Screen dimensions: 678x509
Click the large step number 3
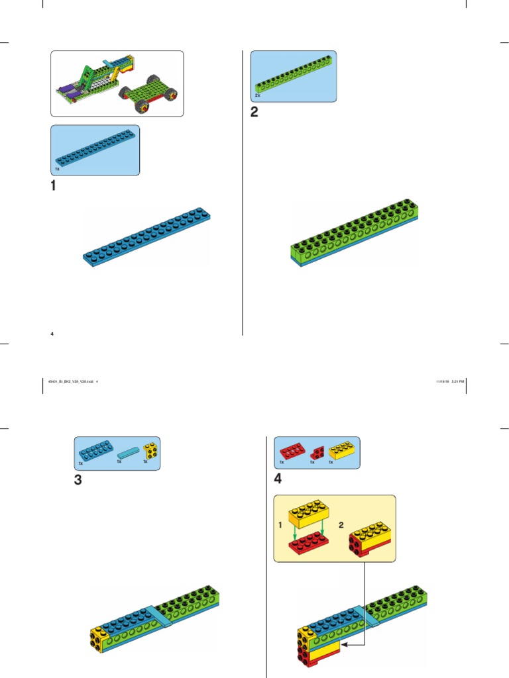[x=78, y=481]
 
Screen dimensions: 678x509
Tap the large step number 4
[x=279, y=479]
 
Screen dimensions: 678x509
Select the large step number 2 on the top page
[x=254, y=112]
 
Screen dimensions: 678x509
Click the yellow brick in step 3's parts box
[x=150, y=452]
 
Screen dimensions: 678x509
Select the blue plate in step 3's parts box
[x=95, y=452]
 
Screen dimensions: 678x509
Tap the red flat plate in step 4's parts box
[x=292, y=452]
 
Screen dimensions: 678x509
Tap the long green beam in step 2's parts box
[x=292, y=77]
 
